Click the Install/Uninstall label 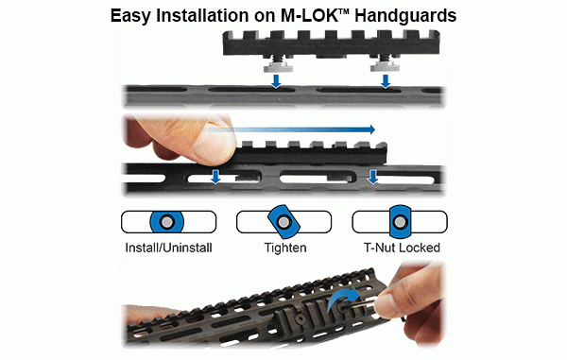167,249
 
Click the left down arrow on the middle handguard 215,177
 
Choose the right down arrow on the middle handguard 373,177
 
